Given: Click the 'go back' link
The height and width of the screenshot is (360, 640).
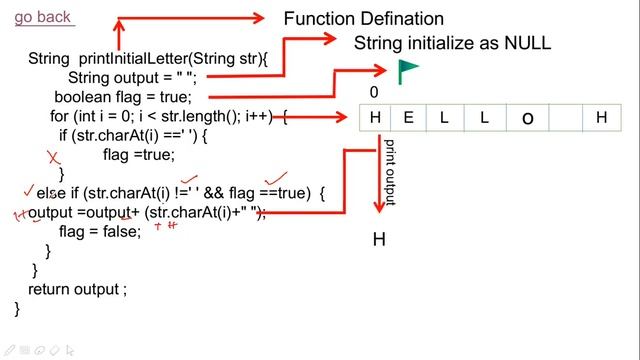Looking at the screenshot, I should pyautogui.click(x=43, y=17).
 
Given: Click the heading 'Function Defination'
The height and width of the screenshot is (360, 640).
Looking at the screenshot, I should pyautogui.click(x=363, y=19).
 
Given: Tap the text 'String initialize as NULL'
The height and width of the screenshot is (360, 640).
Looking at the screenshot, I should pyautogui.click(x=452, y=43).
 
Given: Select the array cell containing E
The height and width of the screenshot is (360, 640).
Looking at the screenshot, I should pyautogui.click(x=408, y=118).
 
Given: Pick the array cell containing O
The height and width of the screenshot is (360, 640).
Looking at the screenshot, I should pyautogui.click(x=528, y=118).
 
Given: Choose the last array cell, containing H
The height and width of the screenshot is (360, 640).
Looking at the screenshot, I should pyautogui.click(x=601, y=118).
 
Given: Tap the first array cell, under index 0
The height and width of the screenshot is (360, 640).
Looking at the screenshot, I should pyautogui.click(x=375, y=118).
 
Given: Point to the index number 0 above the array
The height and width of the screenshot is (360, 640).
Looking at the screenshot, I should pyautogui.click(x=374, y=92).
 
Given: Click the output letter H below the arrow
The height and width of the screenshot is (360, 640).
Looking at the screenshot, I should pyautogui.click(x=379, y=239).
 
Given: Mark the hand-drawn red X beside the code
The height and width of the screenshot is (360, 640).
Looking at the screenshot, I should pyautogui.click(x=55, y=157).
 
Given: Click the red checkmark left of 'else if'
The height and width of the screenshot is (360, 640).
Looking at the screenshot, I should pyautogui.click(x=28, y=190).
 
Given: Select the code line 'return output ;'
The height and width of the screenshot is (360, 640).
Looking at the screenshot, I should pyautogui.click(x=78, y=289).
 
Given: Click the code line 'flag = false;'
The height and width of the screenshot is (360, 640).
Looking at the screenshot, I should pyautogui.click(x=99, y=232).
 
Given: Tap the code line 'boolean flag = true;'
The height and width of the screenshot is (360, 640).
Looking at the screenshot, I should pyautogui.click(x=122, y=97).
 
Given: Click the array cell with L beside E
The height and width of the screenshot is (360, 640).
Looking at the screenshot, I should pyautogui.click(x=444, y=118).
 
